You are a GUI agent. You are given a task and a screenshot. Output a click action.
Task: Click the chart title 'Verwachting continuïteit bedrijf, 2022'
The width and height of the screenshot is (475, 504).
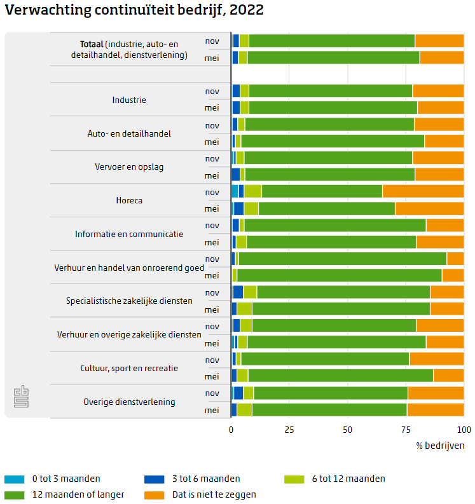[x=134, y=10]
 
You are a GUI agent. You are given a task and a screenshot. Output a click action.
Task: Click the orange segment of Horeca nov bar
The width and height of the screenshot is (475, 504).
[x=423, y=191]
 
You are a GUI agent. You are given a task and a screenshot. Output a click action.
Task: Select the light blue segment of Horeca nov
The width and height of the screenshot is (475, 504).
[x=235, y=191]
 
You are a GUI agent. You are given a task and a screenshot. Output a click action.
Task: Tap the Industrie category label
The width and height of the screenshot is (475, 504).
[x=129, y=100]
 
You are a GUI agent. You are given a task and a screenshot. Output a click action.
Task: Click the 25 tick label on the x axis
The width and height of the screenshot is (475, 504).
[x=289, y=430]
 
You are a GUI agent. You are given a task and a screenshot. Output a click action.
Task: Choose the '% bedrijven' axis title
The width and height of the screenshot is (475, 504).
[x=440, y=445]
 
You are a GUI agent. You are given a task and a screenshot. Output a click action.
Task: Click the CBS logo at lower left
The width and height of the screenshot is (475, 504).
[x=22, y=397]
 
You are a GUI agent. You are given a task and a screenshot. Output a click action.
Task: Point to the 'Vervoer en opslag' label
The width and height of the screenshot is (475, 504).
[x=129, y=167]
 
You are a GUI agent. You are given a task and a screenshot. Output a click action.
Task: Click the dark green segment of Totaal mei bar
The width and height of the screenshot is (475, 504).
[x=333, y=58]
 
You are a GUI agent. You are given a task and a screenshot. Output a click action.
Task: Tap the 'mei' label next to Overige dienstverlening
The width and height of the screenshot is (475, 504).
[x=212, y=410]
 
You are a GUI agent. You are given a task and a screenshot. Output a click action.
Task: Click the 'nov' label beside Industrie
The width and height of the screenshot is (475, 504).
[x=212, y=91]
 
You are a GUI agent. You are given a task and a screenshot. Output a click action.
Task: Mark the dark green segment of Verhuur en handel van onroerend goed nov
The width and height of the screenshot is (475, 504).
[x=342, y=259]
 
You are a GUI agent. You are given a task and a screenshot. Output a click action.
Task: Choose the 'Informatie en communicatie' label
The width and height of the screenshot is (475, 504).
[x=129, y=234]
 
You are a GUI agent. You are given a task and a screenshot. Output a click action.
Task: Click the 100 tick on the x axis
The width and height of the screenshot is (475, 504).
[x=464, y=430]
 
